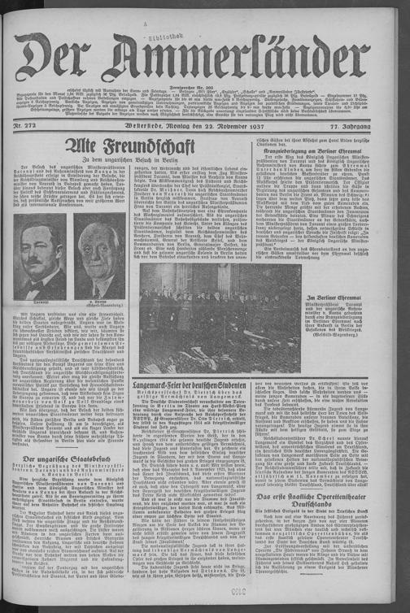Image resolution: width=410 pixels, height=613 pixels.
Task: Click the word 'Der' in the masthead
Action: (60, 59)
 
